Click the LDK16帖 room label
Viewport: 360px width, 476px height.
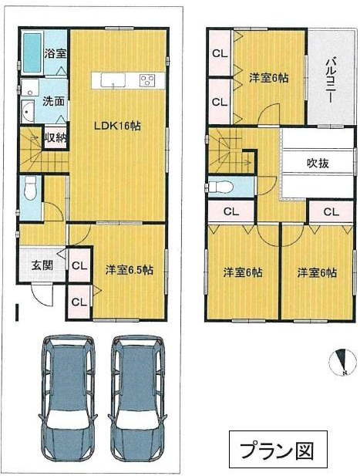tap(117, 126)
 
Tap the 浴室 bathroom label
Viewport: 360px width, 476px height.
tap(56, 54)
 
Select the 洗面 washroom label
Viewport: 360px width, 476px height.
tap(53, 101)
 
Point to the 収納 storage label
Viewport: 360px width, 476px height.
tap(56, 138)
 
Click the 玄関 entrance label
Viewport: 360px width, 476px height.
tap(42, 265)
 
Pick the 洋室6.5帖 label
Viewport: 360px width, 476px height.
tap(130, 269)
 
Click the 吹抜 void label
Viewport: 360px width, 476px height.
tap(318, 164)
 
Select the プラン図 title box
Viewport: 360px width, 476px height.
tap(278, 449)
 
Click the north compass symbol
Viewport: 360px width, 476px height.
tap(343, 362)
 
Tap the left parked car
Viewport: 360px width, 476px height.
tap(68, 403)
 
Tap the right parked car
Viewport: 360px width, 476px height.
tap(138, 403)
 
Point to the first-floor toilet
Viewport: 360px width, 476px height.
tap(30, 187)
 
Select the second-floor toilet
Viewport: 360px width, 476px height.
tap(220, 187)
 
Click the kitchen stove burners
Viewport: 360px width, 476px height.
tap(148, 80)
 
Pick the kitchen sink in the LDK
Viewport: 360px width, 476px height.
tap(113, 80)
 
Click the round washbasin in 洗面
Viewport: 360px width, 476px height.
tap(28, 111)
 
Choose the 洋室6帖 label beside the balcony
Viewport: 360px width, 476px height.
tap(269, 78)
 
